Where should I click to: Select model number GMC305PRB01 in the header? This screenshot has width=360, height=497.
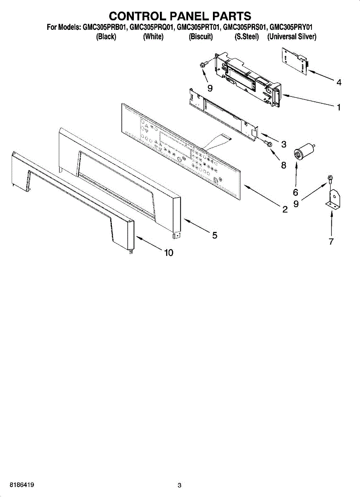pyautogui.click(x=105, y=28)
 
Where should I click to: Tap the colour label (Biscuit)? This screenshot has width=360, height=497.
pyautogui.click(x=201, y=37)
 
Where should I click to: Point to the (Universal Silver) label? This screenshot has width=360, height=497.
pyautogui.click(x=292, y=37)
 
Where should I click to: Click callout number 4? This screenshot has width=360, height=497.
pyautogui.click(x=339, y=82)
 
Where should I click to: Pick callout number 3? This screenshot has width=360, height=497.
pyautogui.click(x=284, y=144)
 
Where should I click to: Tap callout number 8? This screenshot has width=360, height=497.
pyautogui.click(x=284, y=165)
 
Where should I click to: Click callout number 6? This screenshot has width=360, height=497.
pyautogui.click(x=295, y=192)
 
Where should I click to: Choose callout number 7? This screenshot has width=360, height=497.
pyautogui.click(x=331, y=242)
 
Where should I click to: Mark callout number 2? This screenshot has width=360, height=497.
pyautogui.click(x=285, y=210)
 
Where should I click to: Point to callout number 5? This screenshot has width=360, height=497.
pyautogui.click(x=215, y=235)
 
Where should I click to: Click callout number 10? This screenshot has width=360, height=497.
pyautogui.click(x=169, y=253)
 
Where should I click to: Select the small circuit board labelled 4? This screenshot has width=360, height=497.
pyautogui.click(x=296, y=61)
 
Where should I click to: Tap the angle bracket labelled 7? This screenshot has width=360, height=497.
pyautogui.click(x=333, y=200)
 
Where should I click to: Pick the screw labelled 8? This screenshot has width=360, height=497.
pyautogui.click(x=268, y=144)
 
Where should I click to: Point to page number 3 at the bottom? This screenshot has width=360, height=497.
pyautogui.click(x=179, y=485)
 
